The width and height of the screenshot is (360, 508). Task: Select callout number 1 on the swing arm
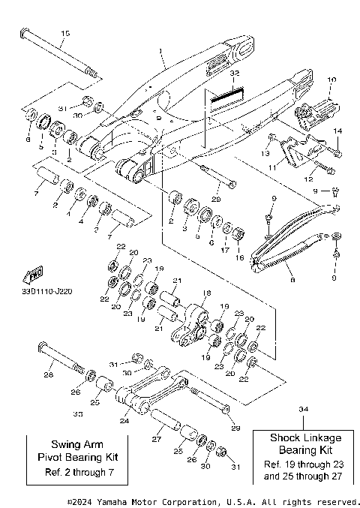click(x=160, y=52)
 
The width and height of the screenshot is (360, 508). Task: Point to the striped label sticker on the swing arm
click(x=227, y=96)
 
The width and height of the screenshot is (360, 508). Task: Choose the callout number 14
click(x=337, y=131)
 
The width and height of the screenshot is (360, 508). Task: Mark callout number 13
click(x=265, y=152)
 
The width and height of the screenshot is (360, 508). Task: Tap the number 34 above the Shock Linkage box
click(x=303, y=409)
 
